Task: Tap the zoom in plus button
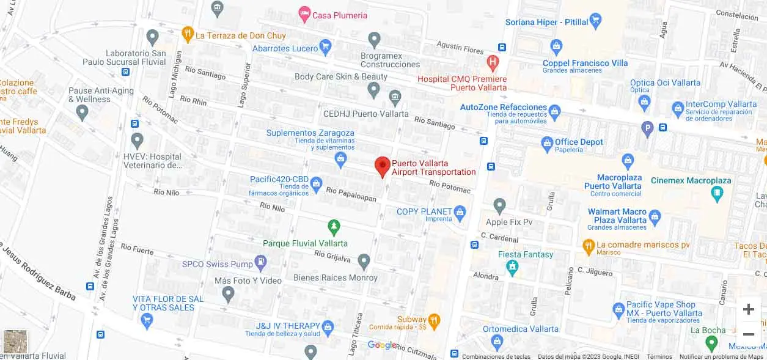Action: (x=748, y=309)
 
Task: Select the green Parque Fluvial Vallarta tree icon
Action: (x=334, y=227)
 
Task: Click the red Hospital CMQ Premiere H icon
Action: (x=493, y=62)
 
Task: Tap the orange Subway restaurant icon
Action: (x=434, y=320)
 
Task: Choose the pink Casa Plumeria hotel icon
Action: (x=304, y=13)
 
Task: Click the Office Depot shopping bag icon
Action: (x=547, y=144)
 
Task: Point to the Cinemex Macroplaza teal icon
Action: (x=717, y=194)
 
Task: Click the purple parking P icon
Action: (x=647, y=128)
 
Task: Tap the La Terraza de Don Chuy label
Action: (x=240, y=35)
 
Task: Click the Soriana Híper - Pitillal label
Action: (x=546, y=22)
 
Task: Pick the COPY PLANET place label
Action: (x=424, y=211)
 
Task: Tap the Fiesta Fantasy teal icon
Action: (x=512, y=267)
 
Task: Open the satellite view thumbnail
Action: (x=15, y=342)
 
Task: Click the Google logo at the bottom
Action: (x=382, y=345)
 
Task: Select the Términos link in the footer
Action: (x=659, y=356)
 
